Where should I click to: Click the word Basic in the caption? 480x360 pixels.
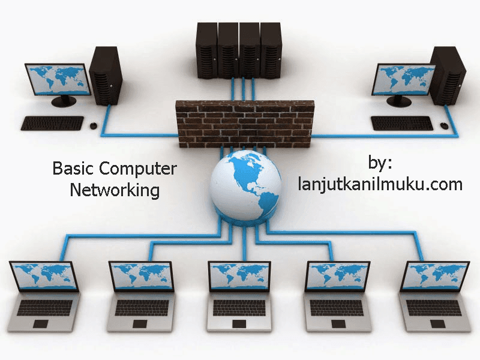point(70,169)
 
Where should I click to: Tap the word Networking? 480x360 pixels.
point(115,191)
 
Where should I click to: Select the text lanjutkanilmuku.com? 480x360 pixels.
point(380,184)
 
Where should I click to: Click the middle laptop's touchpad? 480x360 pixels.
point(239,324)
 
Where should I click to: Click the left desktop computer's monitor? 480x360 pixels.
point(58,78)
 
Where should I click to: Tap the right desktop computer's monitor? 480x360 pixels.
point(403,79)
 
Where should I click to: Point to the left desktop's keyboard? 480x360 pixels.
point(53,123)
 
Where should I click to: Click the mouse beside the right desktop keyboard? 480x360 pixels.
point(444,126)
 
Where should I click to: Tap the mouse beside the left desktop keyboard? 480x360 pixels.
point(94,125)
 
